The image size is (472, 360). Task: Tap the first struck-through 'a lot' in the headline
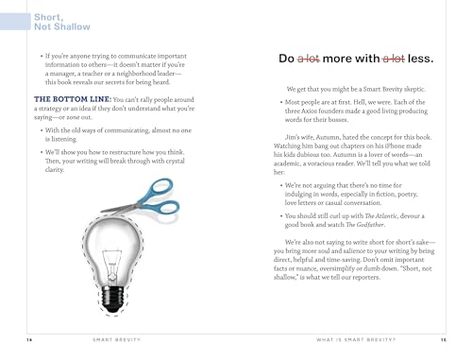point(312,60)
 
